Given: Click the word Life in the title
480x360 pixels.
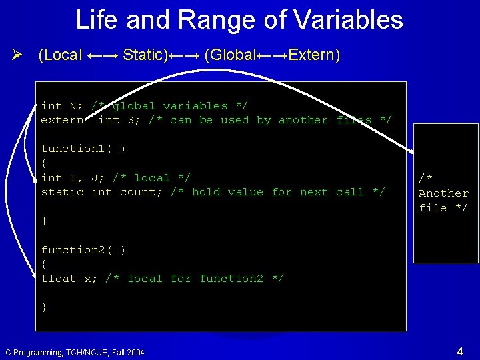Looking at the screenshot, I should pos(96,20).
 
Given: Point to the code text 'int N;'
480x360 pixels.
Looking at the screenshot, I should pos(62,106).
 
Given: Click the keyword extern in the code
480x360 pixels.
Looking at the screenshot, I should pos(62,120).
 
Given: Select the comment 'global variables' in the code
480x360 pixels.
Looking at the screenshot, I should pos(170,106).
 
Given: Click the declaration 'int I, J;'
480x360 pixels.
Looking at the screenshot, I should pos(73,177).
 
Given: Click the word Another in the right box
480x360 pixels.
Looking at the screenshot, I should pos(443,193).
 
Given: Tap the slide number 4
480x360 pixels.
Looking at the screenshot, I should pos(460,351).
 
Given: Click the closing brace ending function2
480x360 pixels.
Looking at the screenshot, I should pos(44,307).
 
